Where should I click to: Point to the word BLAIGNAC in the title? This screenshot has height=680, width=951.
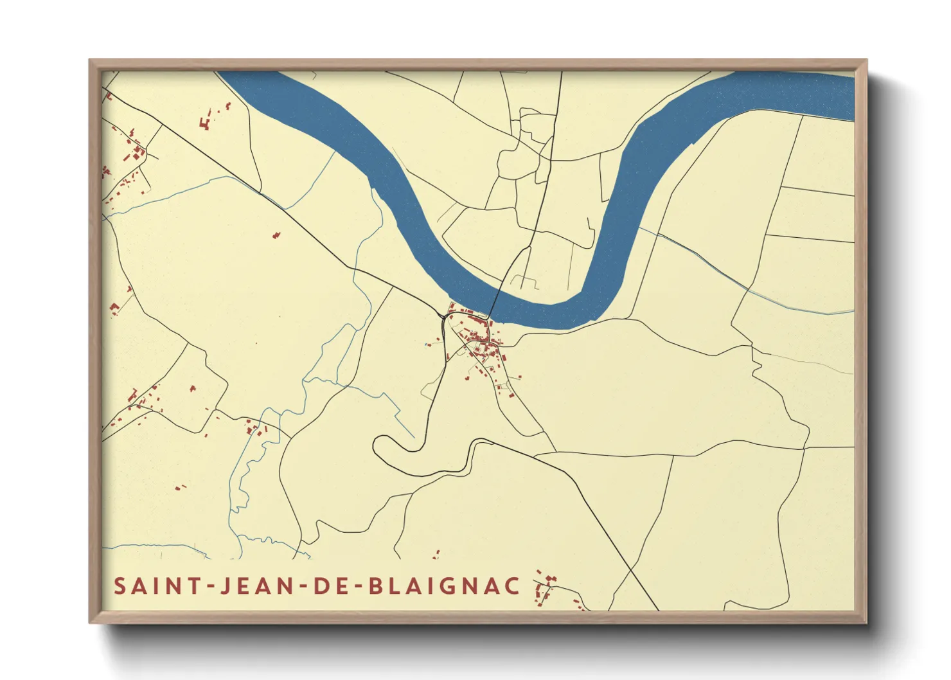click(x=445, y=586)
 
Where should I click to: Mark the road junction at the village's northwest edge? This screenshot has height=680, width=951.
click(x=443, y=316)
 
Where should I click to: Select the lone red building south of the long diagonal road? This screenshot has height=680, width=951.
click(x=276, y=235)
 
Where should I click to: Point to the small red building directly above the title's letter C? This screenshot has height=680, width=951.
click(x=436, y=553)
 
